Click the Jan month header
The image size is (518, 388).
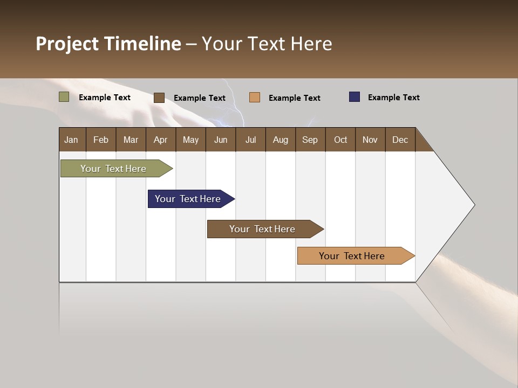(x=72, y=140)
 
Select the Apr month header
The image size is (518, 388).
(x=161, y=140)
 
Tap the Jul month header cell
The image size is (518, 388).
(x=250, y=140)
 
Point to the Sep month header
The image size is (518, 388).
(x=310, y=140)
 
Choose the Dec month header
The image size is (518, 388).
(x=400, y=140)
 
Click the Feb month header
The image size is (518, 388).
(x=101, y=140)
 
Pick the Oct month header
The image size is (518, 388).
(x=340, y=140)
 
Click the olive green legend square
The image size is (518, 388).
(x=64, y=97)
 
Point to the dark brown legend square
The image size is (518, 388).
(x=159, y=98)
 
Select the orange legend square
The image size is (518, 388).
(x=255, y=97)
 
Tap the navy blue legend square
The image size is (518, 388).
(x=355, y=97)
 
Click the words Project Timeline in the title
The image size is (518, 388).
(x=108, y=44)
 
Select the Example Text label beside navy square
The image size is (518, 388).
(x=393, y=98)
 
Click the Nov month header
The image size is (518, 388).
(x=370, y=140)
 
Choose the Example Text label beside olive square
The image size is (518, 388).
(x=105, y=98)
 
